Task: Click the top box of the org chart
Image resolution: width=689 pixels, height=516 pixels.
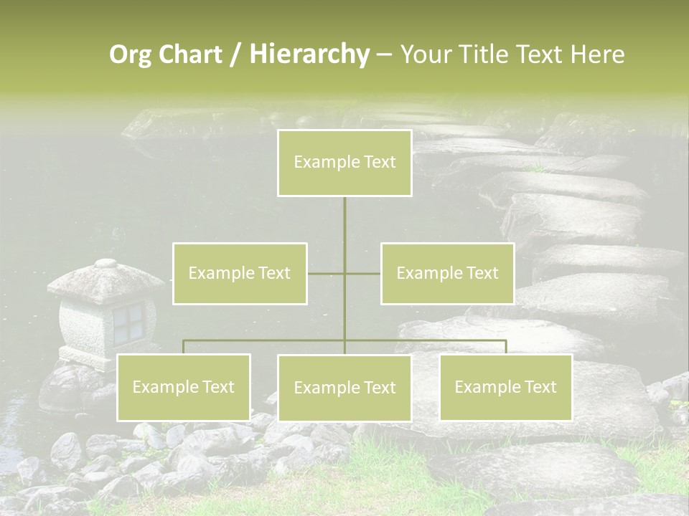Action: [x=344, y=163]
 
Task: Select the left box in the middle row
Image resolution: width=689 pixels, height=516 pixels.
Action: [x=240, y=273]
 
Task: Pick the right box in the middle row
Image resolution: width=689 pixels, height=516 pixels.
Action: [x=447, y=273]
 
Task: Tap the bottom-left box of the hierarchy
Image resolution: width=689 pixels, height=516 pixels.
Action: [x=184, y=387]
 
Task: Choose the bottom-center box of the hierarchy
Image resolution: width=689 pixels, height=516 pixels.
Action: [x=344, y=388]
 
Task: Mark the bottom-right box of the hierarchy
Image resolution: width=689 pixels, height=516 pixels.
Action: [x=505, y=387]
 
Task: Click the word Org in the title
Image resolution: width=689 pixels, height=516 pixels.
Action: [x=131, y=54]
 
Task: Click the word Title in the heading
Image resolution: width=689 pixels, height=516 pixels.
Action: [x=480, y=54]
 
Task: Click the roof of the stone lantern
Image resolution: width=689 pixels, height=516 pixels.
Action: [x=106, y=279]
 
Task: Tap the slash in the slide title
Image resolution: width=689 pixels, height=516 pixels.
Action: [x=235, y=54]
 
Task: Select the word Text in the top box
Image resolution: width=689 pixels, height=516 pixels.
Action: [x=379, y=162]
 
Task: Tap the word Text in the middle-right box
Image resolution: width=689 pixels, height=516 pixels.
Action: [x=482, y=273]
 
